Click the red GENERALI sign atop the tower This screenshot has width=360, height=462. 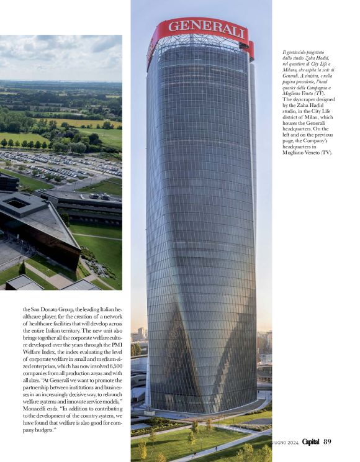point(200,29)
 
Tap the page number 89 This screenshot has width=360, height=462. point(327,442)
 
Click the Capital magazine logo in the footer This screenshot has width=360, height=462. point(307,442)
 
